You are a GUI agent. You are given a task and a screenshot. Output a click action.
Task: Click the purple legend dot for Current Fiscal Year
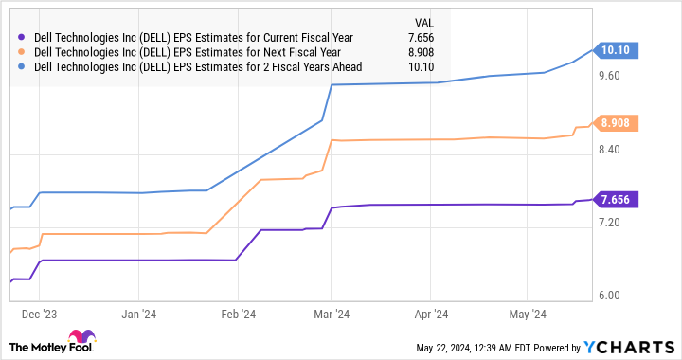tap(21, 37)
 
